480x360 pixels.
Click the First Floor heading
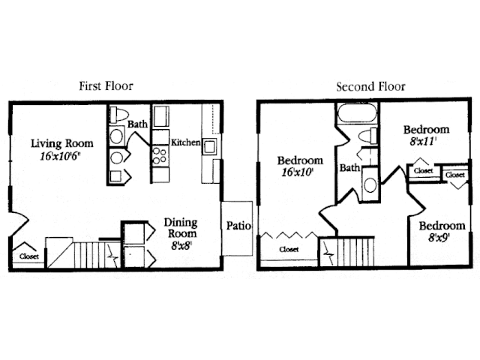coord(106,86)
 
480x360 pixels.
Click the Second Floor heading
coord(370,87)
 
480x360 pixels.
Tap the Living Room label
coord(61,143)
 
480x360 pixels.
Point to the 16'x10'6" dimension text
coord(60,156)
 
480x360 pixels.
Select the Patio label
coord(238,226)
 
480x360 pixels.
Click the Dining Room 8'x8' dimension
coord(181,245)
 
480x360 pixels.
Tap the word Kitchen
coord(185,142)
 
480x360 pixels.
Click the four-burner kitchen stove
coord(160,155)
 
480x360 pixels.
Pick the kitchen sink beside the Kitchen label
coord(210,147)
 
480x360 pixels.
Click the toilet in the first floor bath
coord(119,114)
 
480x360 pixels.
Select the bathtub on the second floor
coord(357,113)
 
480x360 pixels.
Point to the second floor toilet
coord(367,135)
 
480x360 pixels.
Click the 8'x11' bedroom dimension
coord(423,142)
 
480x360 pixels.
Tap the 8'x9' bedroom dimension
coord(439,237)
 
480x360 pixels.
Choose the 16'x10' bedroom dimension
coord(297,172)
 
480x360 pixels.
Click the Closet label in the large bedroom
coord(289,250)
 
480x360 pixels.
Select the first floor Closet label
coord(29,256)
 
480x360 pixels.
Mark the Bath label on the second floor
coord(349,168)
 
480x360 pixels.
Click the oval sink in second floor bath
coord(370,185)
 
